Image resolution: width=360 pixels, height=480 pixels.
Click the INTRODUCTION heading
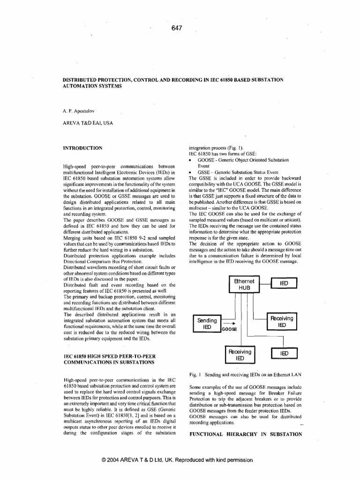tap(82, 148)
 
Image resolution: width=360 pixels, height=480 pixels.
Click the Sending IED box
tap(206, 323)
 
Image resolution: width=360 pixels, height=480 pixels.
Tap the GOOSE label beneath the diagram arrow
tap(229, 330)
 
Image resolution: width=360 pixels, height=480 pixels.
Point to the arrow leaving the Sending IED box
tap(228, 323)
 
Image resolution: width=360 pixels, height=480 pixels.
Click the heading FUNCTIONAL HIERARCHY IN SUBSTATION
tap(246, 435)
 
